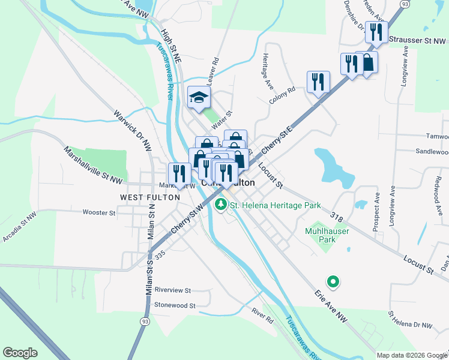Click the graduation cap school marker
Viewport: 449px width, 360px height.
[198, 98]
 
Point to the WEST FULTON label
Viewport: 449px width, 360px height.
[150, 197]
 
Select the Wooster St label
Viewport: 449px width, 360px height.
[98, 212]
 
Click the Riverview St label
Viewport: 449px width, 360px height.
[172, 290]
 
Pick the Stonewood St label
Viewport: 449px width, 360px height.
[175, 305]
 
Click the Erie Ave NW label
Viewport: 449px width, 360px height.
[331, 307]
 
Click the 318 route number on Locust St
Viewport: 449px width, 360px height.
[336, 214]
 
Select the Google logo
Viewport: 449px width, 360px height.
[20, 353]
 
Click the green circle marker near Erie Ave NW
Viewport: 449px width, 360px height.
[331, 280]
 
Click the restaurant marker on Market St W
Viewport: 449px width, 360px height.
[179, 173]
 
